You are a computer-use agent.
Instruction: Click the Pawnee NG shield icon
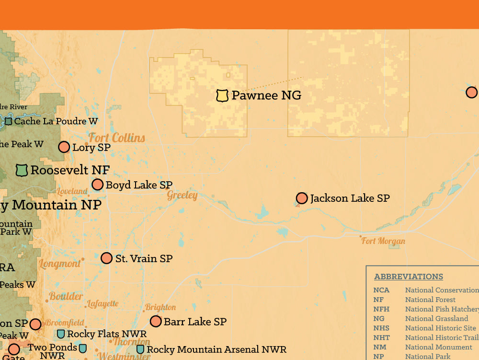point(222,95)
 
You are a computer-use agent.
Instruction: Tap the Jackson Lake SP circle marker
point(302,198)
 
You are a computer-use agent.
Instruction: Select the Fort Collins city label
point(117,138)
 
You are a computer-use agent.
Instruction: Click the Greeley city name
point(182,195)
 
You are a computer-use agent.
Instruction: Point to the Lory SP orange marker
point(64,147)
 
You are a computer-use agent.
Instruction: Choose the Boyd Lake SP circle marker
point(97,185)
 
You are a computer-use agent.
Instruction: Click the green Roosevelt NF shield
point(22,170)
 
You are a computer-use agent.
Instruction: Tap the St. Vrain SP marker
point(106,258)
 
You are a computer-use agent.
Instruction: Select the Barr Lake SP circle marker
point(155,321)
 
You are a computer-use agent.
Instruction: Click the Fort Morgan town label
point(383,241)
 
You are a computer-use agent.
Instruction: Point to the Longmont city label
point(60,264)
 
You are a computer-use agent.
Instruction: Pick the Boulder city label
point(66,296)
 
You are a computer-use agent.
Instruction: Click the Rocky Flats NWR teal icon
point(61,334)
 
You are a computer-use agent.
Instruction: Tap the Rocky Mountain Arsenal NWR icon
point(140,349)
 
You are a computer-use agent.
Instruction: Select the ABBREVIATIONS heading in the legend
point(409,277)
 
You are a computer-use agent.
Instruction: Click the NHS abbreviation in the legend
point(381,328)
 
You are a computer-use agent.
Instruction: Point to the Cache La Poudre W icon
point(9,121)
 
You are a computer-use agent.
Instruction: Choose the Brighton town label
point(160,307)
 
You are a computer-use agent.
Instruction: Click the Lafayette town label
point(103,303)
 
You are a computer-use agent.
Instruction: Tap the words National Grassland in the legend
point(436,318)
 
